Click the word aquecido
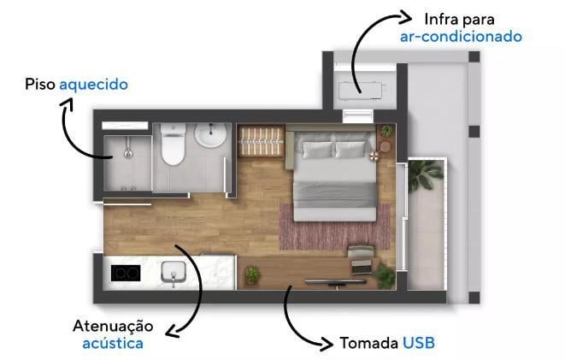coord(94,85)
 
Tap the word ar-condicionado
coord(461,37)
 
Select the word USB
coord(418,343)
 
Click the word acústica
coord(113,344)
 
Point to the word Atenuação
coord(113,326)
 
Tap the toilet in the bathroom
coord(173,145)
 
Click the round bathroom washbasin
coord(210,135)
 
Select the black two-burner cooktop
coord(126,273)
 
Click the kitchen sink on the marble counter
coord(174,273)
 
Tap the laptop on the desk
coord(362,267)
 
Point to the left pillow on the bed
coord(317,150)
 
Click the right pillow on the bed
coord(350,150)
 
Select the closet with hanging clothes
coord(261,141)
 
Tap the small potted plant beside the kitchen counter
coord(252,275)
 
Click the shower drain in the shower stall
coord(128,154)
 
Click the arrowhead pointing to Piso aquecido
coord(67,104)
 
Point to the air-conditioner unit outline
coord(362,91)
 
